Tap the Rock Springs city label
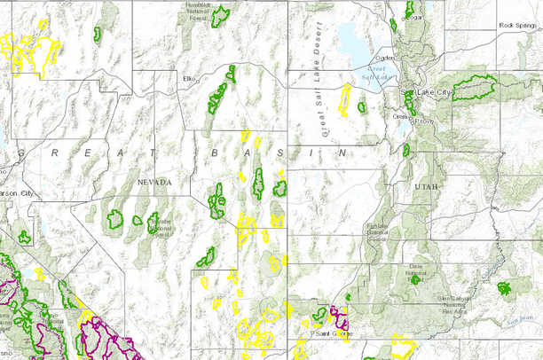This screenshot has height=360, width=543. [519, 26]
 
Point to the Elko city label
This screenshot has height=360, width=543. [188, 79]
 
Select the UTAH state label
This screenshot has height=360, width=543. [423, 187]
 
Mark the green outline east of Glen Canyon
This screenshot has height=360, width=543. [506, 288]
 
